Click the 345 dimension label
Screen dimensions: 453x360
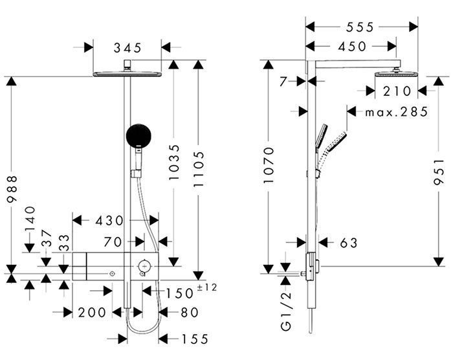tap(127, 48)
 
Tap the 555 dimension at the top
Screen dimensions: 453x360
tap(360, 27)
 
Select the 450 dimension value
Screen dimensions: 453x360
tap(352, 46)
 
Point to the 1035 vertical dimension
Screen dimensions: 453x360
tap(174, 163)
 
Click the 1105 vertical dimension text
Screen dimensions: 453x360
tap(199, 169)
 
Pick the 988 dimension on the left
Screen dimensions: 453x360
tap(12, 188)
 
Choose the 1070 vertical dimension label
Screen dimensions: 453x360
tap(269, 165)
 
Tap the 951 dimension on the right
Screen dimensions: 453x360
tap(439, 172)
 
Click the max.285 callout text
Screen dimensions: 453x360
tap(396, 112)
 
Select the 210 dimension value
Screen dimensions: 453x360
tap(397, 91)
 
